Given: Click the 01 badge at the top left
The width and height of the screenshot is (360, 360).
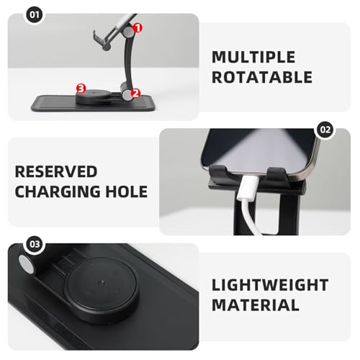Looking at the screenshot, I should click(x=15, y=14).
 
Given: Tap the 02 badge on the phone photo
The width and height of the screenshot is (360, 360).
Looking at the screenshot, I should click(x=325, y=130).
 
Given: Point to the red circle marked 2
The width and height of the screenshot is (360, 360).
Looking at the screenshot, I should click(x=135, y=94).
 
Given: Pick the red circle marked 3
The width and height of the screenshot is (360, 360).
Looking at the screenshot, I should click(x=81, y=89).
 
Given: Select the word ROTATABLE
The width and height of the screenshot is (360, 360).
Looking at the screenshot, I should click(x=262, y=77).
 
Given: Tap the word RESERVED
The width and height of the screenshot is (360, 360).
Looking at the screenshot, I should click(x=56, y=171).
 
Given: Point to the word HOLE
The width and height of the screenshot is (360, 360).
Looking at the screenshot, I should click(x=129, y=192).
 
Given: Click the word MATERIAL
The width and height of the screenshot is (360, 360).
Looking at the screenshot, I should click(x=256, y=306).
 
